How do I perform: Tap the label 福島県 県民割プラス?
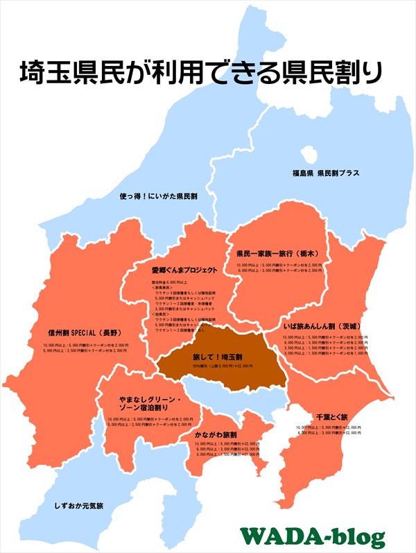(x=325, y=173)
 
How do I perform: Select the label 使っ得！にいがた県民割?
(x=158, y=196)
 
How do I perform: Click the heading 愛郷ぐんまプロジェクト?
(x=184, y=270)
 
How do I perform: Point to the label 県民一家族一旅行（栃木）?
(x=279, y=254)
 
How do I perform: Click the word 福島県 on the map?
(x=303, y=173)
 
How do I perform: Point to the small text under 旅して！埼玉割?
(x=221, y=366)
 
